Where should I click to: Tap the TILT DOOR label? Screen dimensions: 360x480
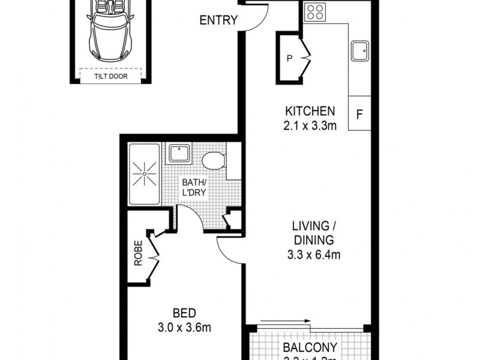[x=110, y=76]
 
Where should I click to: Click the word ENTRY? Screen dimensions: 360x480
[x=219, y=20]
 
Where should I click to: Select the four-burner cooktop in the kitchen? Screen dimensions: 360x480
[x=315, y=11]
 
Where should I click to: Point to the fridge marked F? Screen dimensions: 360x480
[x=359, y=113]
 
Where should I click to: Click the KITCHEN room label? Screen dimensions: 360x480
[x=310, y=111]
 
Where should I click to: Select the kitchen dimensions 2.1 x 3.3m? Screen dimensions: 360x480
[x=310, y=125]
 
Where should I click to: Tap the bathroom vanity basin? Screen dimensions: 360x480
[x=179, y=153]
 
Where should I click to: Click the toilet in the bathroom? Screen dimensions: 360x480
[x=213, y=160]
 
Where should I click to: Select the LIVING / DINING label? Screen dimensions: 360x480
[x=312, y=233]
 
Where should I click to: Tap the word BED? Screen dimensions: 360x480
[x=184, y=313]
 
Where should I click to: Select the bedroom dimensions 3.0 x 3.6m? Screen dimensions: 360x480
[x=184, y=328]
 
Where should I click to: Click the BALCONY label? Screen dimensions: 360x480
[x=310, y=347]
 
